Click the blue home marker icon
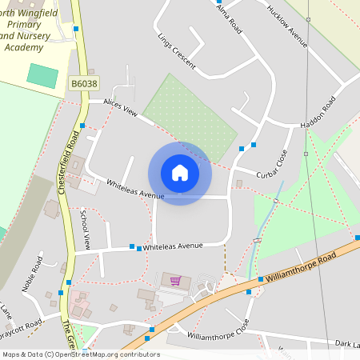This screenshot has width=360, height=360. (x=180, y=173)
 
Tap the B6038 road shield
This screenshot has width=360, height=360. (x=83, y=83)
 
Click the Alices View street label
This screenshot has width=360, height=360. (x=120, y=111)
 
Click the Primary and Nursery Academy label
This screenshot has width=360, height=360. (x=35, y=36)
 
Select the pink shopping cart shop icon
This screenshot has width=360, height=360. (x=175, y=281)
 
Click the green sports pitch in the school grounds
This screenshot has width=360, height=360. (x=42, y=76)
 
